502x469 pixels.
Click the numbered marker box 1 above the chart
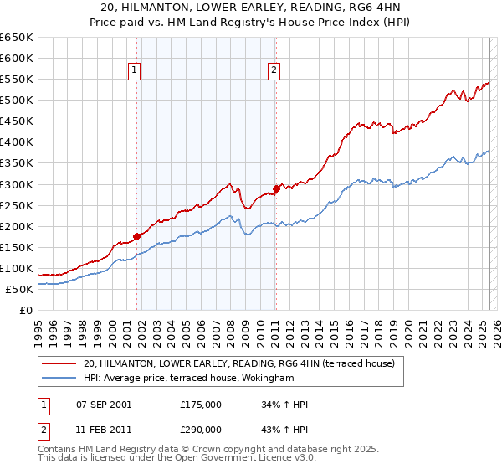click(x=135, y=71)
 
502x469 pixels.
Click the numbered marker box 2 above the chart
click(x=274, y=71)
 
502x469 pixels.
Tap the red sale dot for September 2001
click(x=136, y=236)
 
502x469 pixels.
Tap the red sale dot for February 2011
click(x=275, y=188)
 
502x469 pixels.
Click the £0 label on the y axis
click(x=26, y=310)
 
